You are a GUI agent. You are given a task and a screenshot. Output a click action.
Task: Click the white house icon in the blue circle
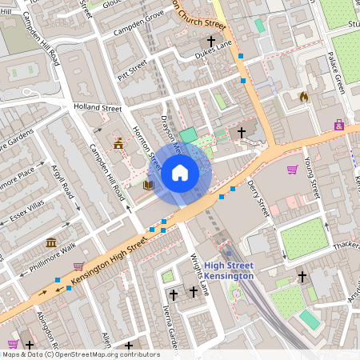[x=179, y=172]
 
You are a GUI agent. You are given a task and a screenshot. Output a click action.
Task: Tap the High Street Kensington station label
[x=229, y=270]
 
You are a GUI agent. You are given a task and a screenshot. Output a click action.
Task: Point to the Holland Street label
[x=97, y=107]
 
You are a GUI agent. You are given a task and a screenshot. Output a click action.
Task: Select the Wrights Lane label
[x=199, y=274]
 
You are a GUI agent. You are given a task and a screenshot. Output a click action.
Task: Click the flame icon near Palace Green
[x=303, y=97]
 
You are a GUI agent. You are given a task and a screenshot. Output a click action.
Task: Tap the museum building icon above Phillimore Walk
[x=51, y=242]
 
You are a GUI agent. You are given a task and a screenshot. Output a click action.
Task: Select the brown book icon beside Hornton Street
[x=148, y=185]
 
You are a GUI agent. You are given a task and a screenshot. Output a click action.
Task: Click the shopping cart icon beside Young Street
[x=292, y=170]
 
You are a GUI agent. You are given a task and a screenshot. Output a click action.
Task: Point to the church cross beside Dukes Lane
[x=212, y=41]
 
